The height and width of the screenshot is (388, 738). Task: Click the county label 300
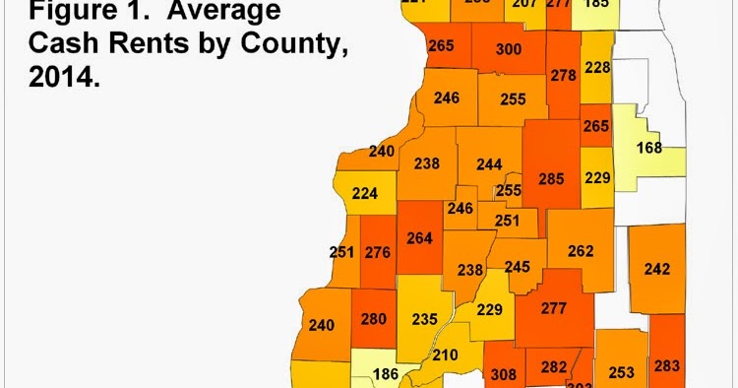[x=509, y=50]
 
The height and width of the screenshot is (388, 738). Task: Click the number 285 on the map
[x=551, y=179]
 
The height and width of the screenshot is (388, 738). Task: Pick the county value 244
[x=488, y=164]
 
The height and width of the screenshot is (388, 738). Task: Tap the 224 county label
[x=364, y=193]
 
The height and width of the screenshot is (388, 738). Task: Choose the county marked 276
[x=378, y=252]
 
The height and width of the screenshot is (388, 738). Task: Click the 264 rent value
[x=420, y=237]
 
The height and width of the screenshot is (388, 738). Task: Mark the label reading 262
[x=581, y=251]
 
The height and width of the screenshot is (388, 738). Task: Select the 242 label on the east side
[x=657, y=269]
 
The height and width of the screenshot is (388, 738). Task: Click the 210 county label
[x=446, y=355]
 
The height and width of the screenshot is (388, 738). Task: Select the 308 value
[x=503, y=374]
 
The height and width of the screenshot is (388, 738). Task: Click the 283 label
[x=666, y=366]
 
